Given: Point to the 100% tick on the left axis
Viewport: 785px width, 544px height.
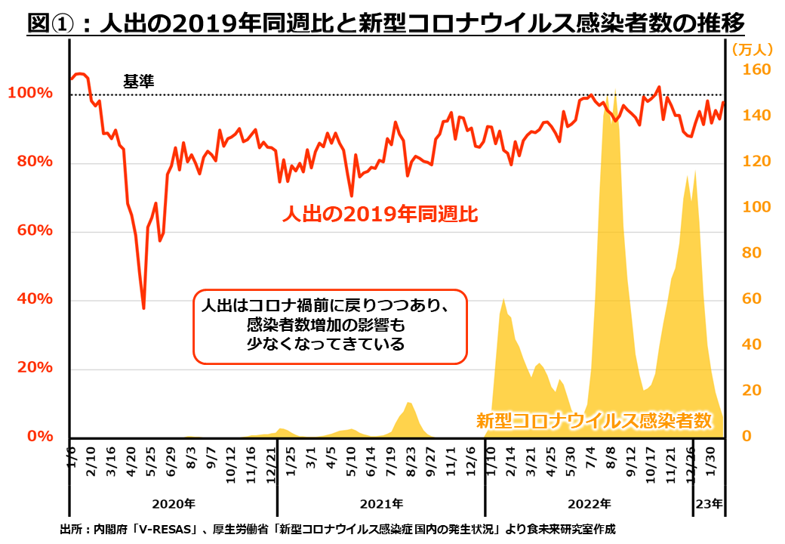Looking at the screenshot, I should tap(30, 94).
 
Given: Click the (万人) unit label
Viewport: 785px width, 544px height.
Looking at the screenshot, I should tap(752, 50).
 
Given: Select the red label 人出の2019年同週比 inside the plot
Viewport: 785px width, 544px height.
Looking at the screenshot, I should tap(380, 214).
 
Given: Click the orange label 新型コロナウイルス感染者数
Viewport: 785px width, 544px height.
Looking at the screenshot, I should tap(594, 421).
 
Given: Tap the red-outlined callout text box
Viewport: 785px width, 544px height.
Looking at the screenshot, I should tap(331, 326).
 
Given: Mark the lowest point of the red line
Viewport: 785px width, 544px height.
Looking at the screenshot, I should tap(143, 308).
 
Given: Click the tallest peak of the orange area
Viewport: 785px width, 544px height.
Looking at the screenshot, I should tap(616, 92).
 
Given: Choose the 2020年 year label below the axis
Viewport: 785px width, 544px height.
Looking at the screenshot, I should tap(174, 503).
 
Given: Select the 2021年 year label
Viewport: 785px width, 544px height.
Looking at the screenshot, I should tap(381, 503).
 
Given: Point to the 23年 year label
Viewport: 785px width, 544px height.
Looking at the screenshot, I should tap(709, 503).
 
